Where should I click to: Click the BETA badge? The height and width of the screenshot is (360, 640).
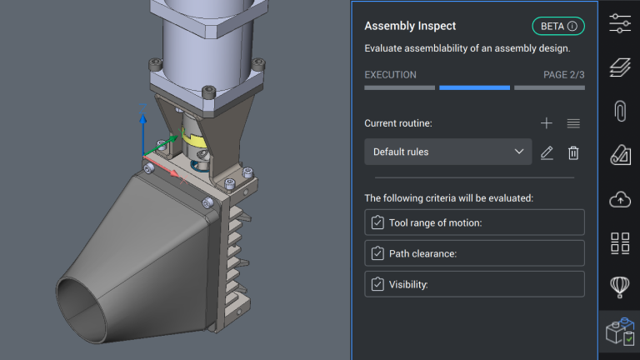(558, 26)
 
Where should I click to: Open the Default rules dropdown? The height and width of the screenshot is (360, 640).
(447, 152)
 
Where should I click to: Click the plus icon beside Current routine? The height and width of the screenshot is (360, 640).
(546, 123)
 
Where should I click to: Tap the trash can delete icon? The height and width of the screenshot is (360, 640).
(573, 152)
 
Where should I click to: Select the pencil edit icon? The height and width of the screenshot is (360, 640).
(547, 152)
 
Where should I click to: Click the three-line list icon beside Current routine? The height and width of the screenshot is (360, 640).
(573, 123)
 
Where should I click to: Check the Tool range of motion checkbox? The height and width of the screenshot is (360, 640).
(377, 222)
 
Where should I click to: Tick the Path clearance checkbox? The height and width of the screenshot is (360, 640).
(377, 253)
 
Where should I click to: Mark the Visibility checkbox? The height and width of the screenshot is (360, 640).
(377, 284)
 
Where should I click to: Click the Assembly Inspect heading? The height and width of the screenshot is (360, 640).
(410, 26)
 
